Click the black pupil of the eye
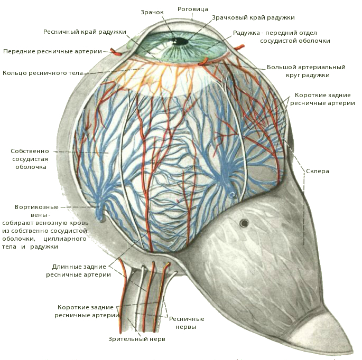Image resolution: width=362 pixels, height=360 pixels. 181,41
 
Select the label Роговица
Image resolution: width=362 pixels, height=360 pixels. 193,9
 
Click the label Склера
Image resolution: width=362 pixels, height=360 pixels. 317,171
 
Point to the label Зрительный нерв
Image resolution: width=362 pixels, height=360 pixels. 137,339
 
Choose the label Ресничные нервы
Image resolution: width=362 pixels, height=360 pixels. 186,323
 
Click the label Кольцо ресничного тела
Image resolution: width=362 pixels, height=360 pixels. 43,73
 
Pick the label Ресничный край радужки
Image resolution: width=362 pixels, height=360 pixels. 85,32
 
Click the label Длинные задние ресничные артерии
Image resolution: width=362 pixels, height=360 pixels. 79,270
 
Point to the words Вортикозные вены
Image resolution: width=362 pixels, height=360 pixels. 37,211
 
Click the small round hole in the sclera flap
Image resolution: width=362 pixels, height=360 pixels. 244,223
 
